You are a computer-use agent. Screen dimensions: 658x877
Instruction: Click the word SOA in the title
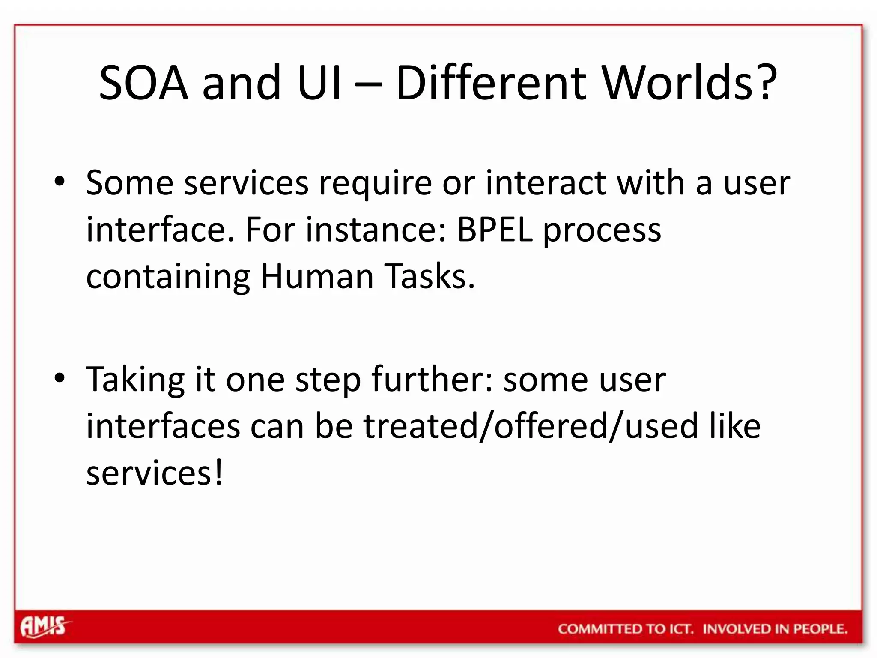point(143,82)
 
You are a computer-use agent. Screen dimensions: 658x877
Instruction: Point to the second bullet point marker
point(60,378)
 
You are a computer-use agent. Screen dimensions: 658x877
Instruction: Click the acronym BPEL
point(495,230)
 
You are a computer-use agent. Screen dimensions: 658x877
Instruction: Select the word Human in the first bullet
point(317,276)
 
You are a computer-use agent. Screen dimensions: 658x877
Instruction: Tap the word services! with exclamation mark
point(155,473)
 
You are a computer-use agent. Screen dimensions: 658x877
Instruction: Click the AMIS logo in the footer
point(45,627)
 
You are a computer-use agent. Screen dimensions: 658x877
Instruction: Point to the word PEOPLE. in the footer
point(820,629)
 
